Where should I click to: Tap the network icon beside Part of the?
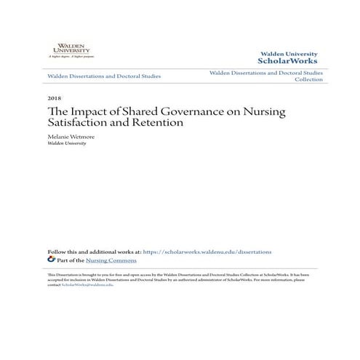[x=51, y=260]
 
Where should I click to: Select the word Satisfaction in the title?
[x=79, y=123]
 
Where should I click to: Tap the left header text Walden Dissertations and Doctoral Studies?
[x=103, y=76]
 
